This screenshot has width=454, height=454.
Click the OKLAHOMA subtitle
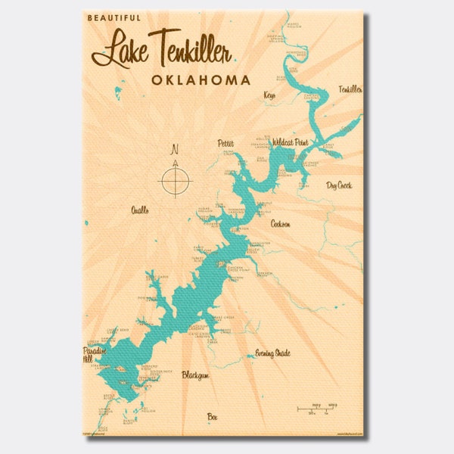pyautogui.click(x=201, y=79)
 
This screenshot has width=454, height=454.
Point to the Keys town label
pyautogui.click(x=269, y=95)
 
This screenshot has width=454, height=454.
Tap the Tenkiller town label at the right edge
pyautogui.click(x=350, y=89)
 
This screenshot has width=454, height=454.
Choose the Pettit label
pyautogui.click(x=225, y=142)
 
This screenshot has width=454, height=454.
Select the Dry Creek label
pyautogui.click(x=339, y=184)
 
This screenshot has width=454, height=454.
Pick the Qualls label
pyautogui.click(x=140, y=210)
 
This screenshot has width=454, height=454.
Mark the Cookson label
pyautogui.click(x=280, y=224)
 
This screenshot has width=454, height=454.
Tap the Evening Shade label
pyautogui.click(x=272, y=353)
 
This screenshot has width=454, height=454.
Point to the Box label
pyautogui.click(x=213, y=415)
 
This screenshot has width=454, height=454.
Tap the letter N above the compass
pyautogui.click(x=176, y=148)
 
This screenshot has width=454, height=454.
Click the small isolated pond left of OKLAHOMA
pyautogui.click(x=118, y=92)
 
